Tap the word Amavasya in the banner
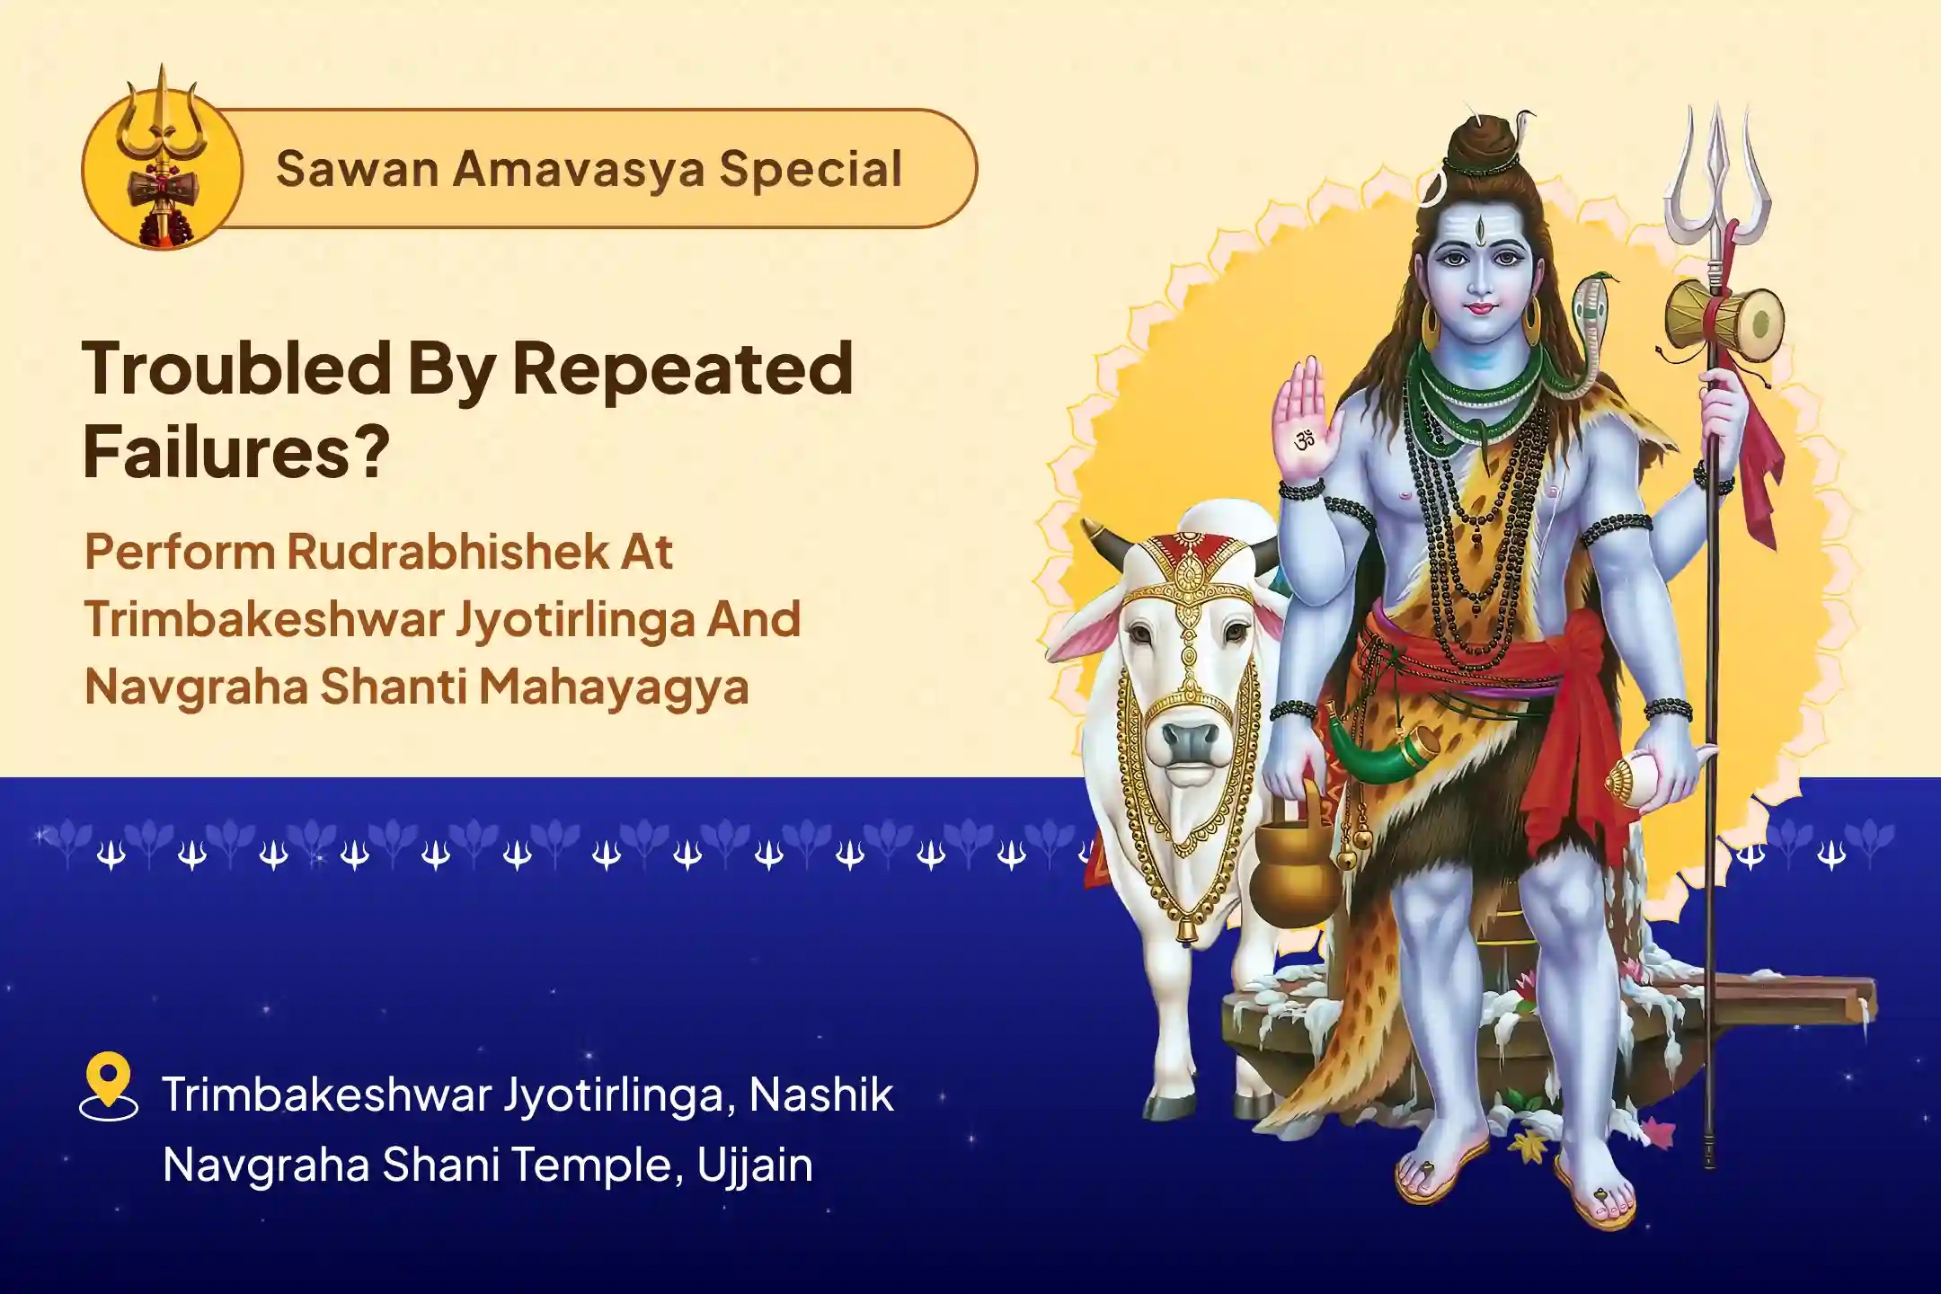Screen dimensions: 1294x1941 (x=578, y=169)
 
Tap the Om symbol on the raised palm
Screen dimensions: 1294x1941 (x=1305, y=440)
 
